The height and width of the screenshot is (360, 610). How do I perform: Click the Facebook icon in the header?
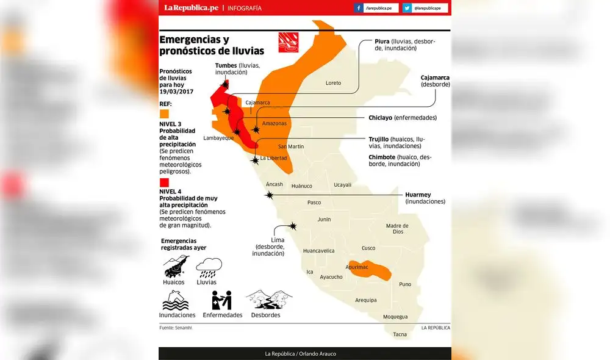[x=359, y=8]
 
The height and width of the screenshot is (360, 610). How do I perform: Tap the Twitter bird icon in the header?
[x=406, y=8]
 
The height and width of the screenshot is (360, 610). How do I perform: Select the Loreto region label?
[x=333, y=83]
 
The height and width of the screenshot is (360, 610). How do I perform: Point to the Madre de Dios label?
[x=397, y=228]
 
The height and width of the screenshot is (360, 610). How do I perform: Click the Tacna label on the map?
[x=400, y=334]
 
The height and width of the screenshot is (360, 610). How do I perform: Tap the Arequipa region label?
[x=366, y=300]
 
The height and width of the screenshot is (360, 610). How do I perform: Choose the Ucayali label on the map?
[x=342, y=184]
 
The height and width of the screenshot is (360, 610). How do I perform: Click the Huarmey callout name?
[x=418, y=195]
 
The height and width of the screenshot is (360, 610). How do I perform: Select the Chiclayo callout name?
[x=381, y=117]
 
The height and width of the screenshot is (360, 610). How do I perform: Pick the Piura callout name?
[x=382, y=41]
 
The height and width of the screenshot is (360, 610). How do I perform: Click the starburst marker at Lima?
[x=293, y=226]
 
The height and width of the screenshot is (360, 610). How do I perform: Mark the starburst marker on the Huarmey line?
[x=269, y=195]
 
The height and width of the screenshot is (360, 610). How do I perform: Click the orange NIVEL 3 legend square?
[x=164, y=114]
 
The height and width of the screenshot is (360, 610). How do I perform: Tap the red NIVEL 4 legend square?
[x=164, y=182]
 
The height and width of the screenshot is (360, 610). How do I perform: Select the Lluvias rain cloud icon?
[x=209, y=265]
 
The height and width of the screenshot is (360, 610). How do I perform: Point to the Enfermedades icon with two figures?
[x=221, y=300]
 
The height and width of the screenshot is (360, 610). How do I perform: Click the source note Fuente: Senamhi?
[x=175, y=328]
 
